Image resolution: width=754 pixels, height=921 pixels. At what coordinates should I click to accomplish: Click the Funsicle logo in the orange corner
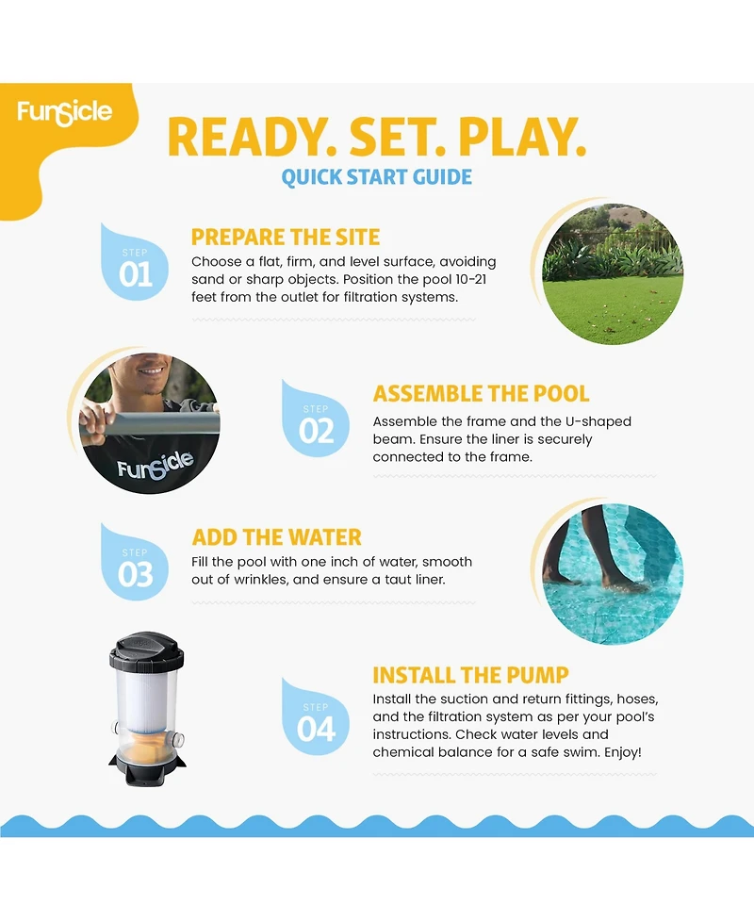tap(65, 112)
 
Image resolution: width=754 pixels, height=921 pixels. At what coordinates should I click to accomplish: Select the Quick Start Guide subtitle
tap(376, 177)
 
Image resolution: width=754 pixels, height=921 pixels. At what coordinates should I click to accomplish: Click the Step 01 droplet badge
tap(135, 263)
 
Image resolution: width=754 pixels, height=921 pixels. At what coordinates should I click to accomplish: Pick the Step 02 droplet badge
tap(316, 419)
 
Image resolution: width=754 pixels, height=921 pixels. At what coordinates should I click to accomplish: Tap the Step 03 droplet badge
tap(135, 563)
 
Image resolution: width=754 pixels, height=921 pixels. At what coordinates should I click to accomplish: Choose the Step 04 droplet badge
tap(316, 717)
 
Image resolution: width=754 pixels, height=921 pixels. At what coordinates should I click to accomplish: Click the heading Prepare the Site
tap(286, 238)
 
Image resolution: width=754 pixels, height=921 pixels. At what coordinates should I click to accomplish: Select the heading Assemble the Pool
tap(481, 393)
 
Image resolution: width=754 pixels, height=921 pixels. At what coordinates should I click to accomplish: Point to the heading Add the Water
tap(276, 537)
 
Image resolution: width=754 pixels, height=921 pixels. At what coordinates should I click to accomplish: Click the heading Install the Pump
tap(470, 676)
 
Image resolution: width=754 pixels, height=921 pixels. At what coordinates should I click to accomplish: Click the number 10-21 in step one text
tap(471, 280)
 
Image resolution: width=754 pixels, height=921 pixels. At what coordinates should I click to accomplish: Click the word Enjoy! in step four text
tap(623, 752)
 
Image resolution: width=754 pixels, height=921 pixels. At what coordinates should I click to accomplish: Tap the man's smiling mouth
tap(152, 371)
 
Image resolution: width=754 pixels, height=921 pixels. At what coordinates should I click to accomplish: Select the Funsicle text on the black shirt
tap(155, 465)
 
